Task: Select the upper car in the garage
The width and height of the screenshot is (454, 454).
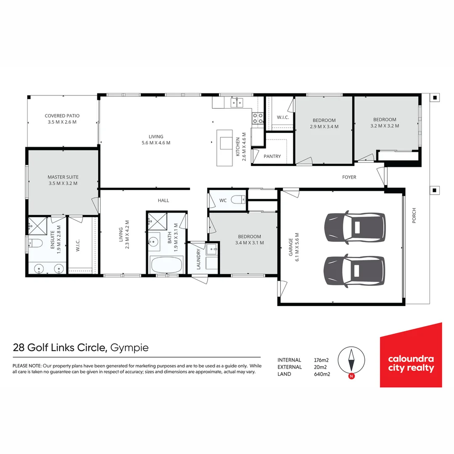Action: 355,227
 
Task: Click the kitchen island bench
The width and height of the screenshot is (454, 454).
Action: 224,147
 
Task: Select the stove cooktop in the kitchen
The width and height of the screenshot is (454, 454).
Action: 257,118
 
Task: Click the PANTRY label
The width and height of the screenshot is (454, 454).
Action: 272,156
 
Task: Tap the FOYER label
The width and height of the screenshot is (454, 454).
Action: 349,177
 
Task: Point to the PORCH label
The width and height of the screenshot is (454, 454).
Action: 414,215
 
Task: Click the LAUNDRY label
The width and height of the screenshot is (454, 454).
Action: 198,259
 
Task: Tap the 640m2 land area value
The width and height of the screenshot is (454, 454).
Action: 322,374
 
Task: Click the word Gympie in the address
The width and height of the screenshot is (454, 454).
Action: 131,348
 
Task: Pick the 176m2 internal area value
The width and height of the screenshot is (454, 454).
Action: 322,360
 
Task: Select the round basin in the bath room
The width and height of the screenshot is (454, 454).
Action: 154,241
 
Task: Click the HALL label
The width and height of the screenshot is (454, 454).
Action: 164,201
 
